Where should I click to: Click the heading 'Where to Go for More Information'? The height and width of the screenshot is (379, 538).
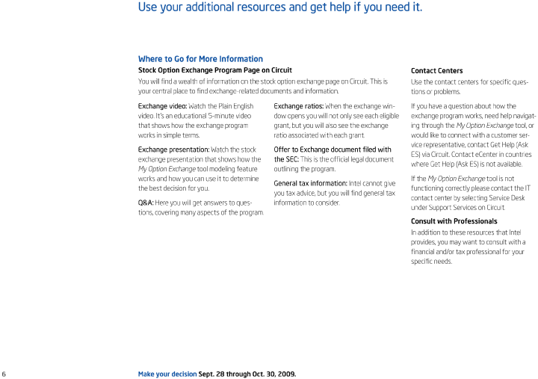click(200, 59)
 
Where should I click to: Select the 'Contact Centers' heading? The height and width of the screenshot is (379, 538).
click(436, 71)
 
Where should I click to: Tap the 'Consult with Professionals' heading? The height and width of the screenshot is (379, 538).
click(454, 221)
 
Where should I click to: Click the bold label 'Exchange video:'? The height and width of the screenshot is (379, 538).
click(162, 106)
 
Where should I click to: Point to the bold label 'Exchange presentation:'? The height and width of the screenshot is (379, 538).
click(174, 150)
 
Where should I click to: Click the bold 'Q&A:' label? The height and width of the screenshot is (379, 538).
click(146, 203)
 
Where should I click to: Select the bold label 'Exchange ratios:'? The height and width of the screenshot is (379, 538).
click(298, 106)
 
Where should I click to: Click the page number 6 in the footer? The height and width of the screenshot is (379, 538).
click(4, 373)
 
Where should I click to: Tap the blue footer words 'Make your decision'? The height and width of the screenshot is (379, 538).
click(167, 373)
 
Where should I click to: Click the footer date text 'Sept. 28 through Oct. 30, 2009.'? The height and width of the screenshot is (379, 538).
click(247, 373)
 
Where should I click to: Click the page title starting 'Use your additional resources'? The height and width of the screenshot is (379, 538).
click(280, 7)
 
